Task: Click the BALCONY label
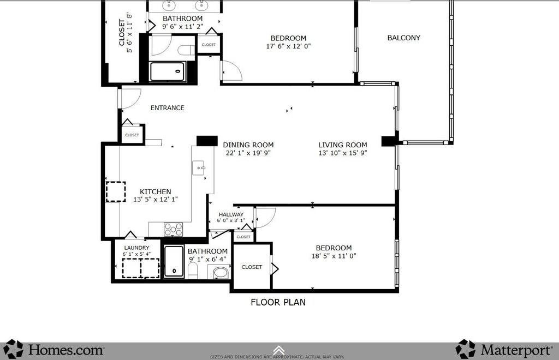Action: pos(403,38)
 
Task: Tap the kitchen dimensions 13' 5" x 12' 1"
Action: pos(156,200)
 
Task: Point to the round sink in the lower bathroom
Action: pos(221,272)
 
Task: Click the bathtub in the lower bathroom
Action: pos(175,262)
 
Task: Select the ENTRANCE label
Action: pos(167,107)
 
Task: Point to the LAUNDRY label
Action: pos(136,248)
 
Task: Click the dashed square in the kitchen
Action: pos(115,192)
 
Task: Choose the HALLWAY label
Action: pos(231,215)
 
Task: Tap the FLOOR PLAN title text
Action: pos(278,302)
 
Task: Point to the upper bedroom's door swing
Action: pos(230,71)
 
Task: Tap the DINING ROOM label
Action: pos(248,145)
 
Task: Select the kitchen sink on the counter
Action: pos(198,168)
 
